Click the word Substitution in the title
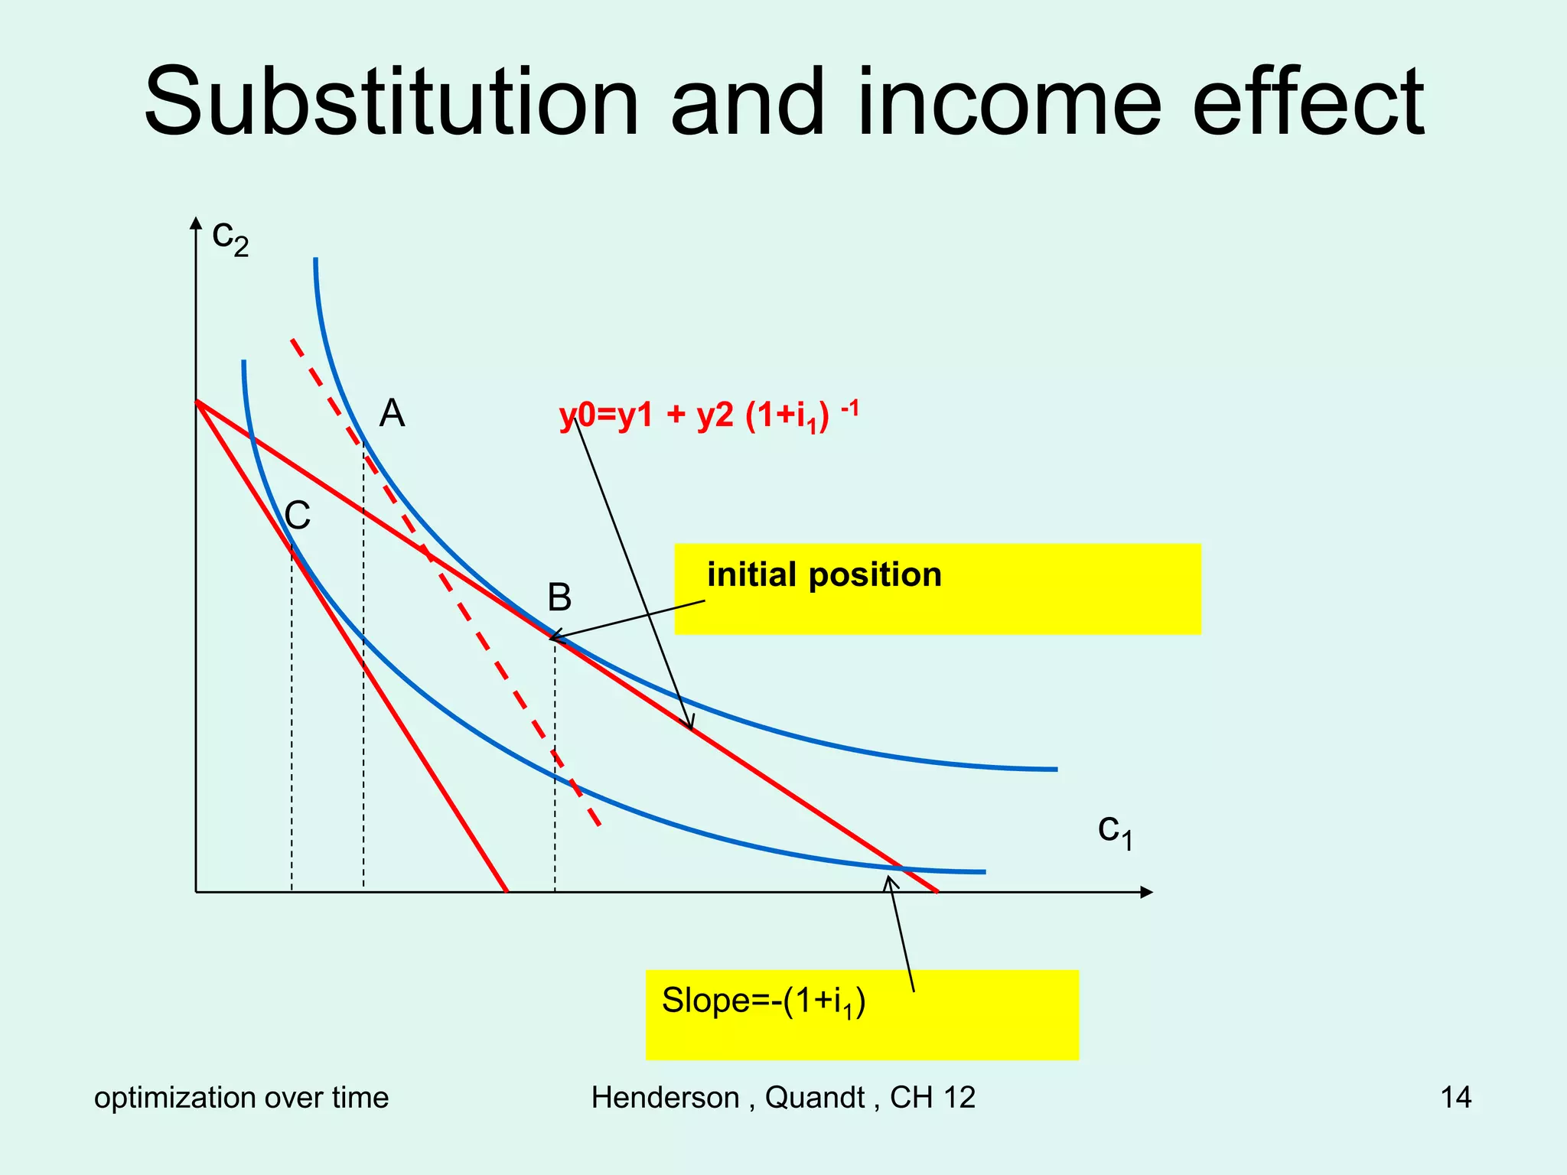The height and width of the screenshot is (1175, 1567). click(x=390, y=103)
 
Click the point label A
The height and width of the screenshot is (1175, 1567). click(x=392, y=414)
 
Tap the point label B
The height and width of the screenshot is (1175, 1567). click(x=559, y=597)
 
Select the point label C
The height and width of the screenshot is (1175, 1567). click(x=297, y=516)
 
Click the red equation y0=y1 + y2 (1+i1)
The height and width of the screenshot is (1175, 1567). click(x=709, y=417)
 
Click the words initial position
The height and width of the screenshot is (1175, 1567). click(x=824, y=575)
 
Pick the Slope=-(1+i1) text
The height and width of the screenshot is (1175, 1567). click(x=763, y=1002)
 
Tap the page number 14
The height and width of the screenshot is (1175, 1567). click(x=1455, y=1098)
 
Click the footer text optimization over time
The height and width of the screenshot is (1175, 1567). click(x=241, y=1098)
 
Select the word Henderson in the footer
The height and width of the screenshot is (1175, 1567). click(x=664, y=1098)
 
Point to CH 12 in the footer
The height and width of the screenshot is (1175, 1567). click(x=933, y=1098)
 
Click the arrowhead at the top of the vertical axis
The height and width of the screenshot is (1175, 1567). click(x=196, y=223)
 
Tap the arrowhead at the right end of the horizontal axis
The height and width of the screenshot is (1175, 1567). click(x=1145, y=892)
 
